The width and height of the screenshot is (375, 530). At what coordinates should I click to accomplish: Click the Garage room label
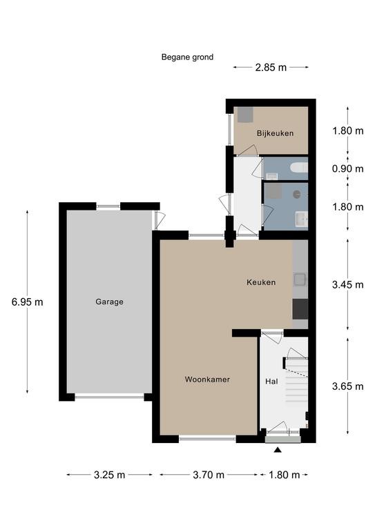point(109,302)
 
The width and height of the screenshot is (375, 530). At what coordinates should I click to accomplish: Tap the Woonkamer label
point(207,380)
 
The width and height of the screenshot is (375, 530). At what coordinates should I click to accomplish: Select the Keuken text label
point(261,282)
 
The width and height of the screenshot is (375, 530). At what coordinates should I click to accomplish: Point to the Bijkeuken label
point(275,133)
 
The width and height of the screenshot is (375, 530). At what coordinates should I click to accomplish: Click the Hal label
point(271,381)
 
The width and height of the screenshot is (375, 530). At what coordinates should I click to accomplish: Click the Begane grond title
point(187,57)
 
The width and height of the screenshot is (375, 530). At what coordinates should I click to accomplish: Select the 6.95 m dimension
point(28,302)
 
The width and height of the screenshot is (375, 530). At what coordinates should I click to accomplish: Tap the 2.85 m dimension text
point(271,67)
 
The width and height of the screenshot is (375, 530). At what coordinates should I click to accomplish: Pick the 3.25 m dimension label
point(110,475)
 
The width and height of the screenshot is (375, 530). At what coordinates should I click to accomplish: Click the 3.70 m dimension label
point(209,475)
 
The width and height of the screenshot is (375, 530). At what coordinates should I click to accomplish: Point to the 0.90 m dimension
point(347,168)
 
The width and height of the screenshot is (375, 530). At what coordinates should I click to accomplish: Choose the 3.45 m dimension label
point(347,284)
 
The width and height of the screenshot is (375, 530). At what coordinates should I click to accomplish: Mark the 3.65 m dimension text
point(347,386)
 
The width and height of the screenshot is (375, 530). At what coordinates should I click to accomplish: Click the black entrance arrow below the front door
point(278,449)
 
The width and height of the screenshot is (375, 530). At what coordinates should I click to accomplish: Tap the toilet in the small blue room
point(300,167)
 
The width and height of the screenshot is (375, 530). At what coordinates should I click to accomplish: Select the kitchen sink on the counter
point(300,279)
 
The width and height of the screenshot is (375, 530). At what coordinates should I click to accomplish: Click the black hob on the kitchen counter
point(300,309)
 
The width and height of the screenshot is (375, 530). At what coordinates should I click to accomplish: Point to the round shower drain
point(297,194)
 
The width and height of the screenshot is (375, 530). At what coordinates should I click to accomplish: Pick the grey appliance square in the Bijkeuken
point(245,115)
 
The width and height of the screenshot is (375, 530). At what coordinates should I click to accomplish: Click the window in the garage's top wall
point(108,206)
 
